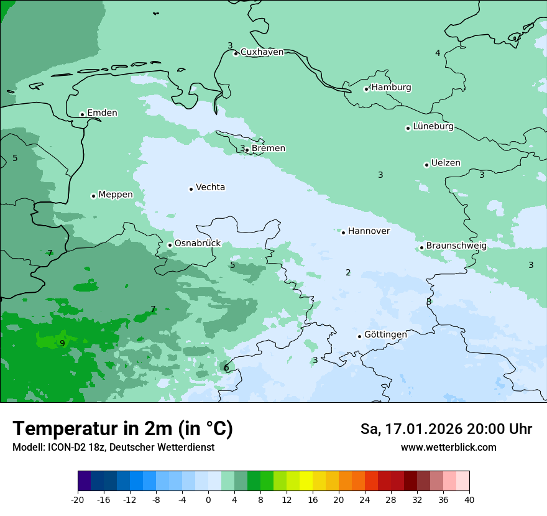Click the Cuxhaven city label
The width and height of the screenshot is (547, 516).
click(262, 52)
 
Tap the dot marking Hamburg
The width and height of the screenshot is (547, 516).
click(366, 89)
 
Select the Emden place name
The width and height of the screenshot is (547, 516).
click(102, 113)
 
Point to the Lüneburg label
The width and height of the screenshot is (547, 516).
click(433, 127)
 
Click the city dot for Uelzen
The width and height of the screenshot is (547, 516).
click(426, 165)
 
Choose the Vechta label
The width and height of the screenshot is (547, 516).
click(210, 187)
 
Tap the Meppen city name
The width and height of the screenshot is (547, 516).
click(116, 195)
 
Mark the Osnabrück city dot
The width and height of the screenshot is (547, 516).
click(170, 245)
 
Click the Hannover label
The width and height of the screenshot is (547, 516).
click(369, 231)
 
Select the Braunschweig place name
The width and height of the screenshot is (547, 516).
click(456, 246)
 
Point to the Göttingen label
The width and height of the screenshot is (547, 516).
click(385, 334)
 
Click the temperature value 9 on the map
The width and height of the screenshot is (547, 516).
click(62, 343)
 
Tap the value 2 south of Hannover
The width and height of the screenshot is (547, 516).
click(348, 272)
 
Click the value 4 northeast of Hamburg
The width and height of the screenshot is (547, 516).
click(438, 53)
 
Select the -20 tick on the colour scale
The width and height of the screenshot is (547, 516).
click(78, 500)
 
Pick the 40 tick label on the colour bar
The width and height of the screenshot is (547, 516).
click(469, 500)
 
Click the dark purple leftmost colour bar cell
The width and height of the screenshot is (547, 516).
click(84, 481)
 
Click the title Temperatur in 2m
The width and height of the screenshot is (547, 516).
click(122, 429)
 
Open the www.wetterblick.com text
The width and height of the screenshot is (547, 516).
click(448, 448)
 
